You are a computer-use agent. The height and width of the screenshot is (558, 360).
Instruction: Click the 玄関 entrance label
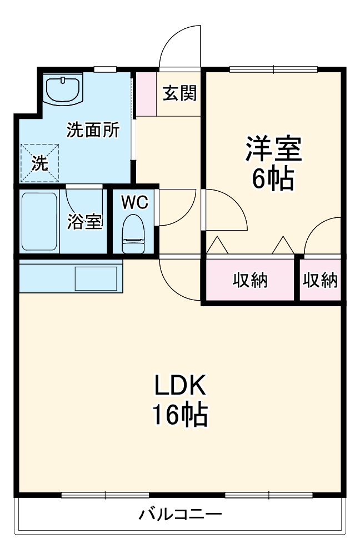pyautogui.click(x=179, y=93)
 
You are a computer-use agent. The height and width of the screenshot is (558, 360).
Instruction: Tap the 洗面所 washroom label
pyautogui.click(x=92, y=130)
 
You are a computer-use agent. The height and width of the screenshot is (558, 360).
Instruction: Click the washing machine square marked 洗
pyautogui.click(x=39, y=163)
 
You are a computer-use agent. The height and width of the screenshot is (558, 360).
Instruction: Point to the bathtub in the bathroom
pyautogui.click(x=39, y=222)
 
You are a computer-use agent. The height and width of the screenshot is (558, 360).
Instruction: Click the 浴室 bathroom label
pyautogui.click(x=84, y=221)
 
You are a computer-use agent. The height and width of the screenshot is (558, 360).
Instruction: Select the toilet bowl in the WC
pyautogui.click(x=133, y=234)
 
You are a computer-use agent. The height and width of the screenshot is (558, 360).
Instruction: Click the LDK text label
pyautogui.click(x=180, y=385)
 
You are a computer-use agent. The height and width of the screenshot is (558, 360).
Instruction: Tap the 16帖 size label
pyautogui.click(x=180, y=414)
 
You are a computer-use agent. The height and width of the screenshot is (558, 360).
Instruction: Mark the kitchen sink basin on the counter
pyautogui.click(x=96, y=277)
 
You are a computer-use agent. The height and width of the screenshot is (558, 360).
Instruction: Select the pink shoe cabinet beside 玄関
pyautogui.click(x=147, y=93)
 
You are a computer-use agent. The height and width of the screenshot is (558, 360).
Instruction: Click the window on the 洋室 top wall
pyautogui.click(x=273, y=69)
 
